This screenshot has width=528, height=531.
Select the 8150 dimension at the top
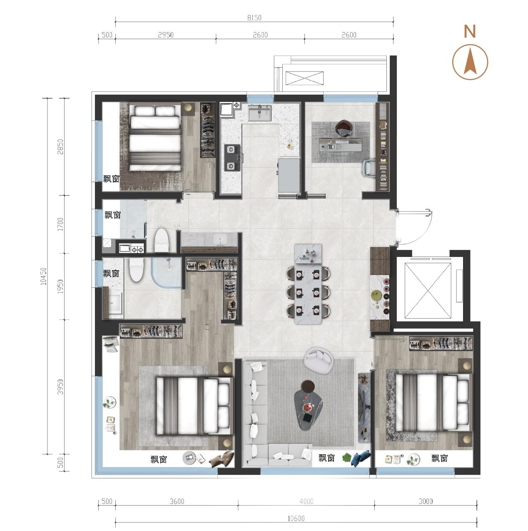[x=254, y=18]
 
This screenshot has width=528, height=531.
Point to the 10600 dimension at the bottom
[x=296, y=519]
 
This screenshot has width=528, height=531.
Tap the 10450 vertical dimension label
[x=44, y=276]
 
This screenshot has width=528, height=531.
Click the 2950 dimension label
[x=166, y=35]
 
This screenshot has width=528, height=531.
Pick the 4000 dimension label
[x=306, y=501]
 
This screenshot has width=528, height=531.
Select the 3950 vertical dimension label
[x=60, y=387]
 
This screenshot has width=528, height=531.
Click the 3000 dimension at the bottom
[x=426, y=501]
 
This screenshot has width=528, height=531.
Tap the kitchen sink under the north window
[x=259, y=113]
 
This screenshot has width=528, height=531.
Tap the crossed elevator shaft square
[x=428, y=290]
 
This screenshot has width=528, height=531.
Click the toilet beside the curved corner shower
[x=137, y=270]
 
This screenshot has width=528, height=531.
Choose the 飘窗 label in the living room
[x=326, y=458]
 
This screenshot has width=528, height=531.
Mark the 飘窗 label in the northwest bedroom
[x=111, y=179]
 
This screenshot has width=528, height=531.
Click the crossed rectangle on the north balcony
[x=304, y=78]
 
